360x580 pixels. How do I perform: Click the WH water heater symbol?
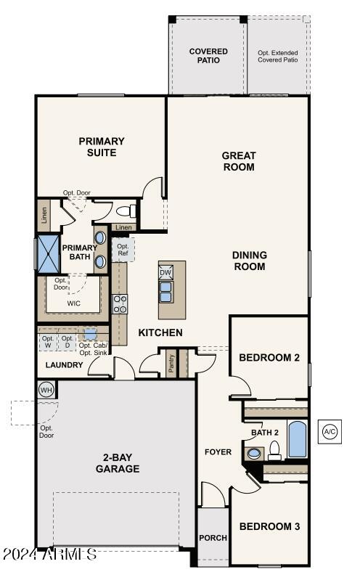coord(46,390)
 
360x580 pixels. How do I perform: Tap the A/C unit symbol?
coord(330,432)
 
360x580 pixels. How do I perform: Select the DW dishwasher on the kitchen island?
coord(165,273)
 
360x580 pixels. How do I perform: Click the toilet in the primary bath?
coord(126,211)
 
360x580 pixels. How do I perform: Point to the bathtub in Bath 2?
coord(298,439)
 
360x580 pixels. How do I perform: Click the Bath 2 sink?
coord(254,454)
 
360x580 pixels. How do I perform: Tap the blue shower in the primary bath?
coord(49,253)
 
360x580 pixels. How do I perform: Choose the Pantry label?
coord(171,363)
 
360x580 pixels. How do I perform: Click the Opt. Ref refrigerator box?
coord(123,250)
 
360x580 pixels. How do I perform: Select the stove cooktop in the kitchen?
coord(120,304)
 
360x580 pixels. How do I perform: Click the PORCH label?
coord(213,538)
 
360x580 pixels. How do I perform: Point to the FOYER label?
coord(218,452)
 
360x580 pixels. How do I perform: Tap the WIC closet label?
coord(73,303)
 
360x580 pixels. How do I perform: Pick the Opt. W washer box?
coord(48,342)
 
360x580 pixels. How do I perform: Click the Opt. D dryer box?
coord(67,342)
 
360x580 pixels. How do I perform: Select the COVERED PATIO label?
coord(208,56)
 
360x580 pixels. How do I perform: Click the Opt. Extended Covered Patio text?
coord(278,56)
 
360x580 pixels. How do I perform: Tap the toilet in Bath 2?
coord(274,451)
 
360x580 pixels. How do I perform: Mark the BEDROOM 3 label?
coord(269,526)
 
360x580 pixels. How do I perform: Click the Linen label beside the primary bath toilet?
coord(123,227)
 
